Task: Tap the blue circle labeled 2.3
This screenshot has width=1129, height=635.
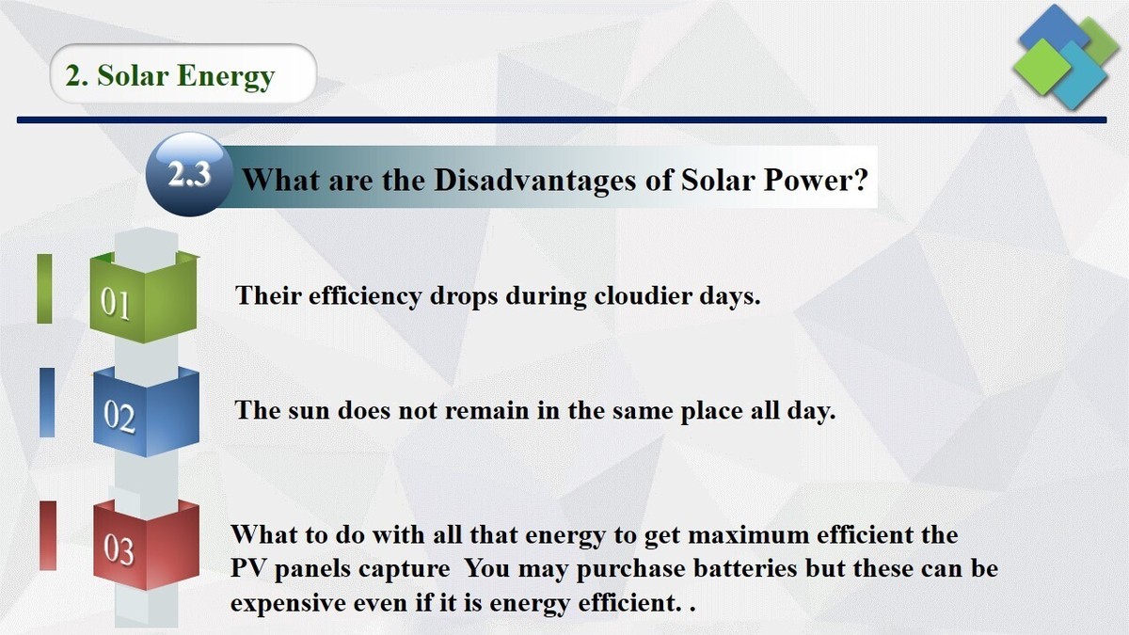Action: [x=189, y=175]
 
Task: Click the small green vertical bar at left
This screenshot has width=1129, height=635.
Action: [x=44, y=288]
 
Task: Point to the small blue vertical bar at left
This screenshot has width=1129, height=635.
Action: [x=47, y=402]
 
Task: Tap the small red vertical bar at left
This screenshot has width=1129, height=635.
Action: [x=47, y=535]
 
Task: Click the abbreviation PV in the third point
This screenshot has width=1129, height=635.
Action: [x=249, y=569]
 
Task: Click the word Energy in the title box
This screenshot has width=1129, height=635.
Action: [x=230, y=75]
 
